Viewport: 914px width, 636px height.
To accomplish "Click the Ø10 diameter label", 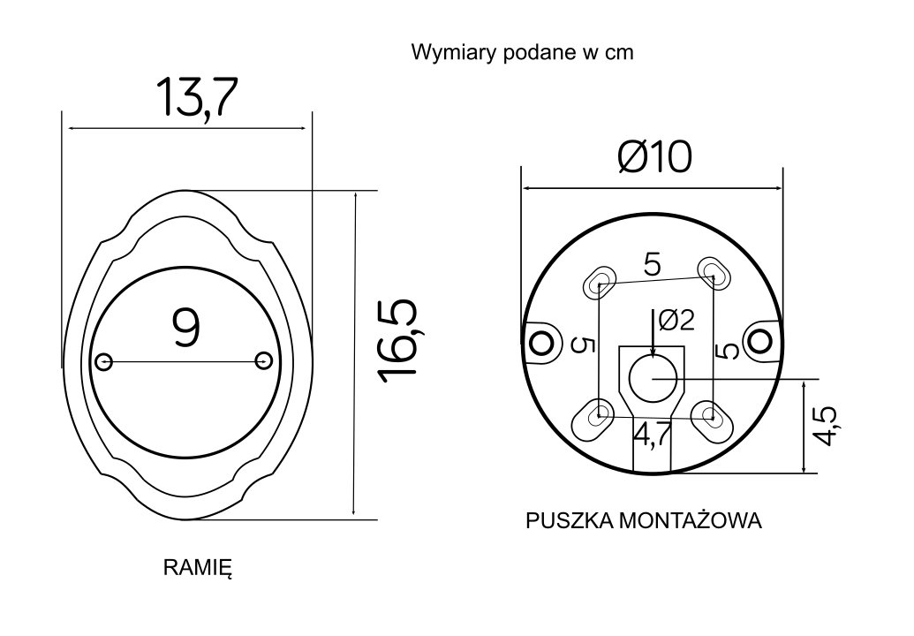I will [653, 158].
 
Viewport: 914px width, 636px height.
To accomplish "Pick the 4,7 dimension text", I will [652, 435].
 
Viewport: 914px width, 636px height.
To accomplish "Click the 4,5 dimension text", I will [829, 428].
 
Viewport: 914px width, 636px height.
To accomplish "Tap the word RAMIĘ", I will [197, 567].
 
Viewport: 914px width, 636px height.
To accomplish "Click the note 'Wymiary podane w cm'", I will [522, 52].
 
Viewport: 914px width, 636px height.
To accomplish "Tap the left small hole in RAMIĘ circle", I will [104, 360].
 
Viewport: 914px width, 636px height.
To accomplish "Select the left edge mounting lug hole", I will [536, 341].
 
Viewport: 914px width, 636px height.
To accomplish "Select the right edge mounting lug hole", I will [759, 338].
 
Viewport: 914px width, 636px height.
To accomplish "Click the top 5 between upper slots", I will [653, 264].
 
